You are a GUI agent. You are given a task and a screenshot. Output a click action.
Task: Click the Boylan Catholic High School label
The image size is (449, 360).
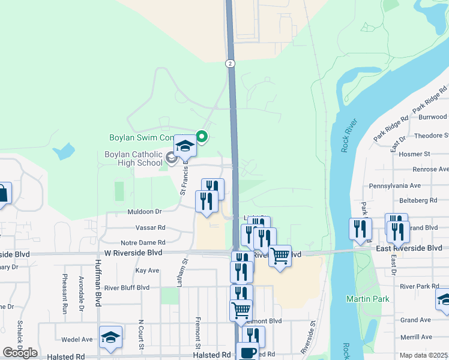click(x=133, y=158)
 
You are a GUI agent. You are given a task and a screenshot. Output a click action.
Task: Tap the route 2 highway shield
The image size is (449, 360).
click(x=230, y=63)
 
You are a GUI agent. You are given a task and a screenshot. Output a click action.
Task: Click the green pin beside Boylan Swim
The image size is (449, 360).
click(x=202, y=137)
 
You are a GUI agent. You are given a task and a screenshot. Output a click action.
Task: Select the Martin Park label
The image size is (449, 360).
click(x=367, y=299)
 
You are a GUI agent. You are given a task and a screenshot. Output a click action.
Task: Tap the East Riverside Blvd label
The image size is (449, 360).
click(x=409, y=248)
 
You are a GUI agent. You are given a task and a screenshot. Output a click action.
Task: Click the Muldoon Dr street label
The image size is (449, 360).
click(x=145, y=212)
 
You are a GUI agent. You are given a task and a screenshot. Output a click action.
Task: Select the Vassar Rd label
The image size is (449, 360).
click(x=151, y=228)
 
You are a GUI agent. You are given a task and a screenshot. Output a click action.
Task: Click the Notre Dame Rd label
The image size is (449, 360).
click(x=143, y=242)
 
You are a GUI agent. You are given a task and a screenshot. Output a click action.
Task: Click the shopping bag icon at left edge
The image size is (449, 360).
click(x=2, y=194)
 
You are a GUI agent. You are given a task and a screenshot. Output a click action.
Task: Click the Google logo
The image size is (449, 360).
click(x=20, y=353)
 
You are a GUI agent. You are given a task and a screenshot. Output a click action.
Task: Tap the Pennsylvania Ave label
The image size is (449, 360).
click(x=395, y=186)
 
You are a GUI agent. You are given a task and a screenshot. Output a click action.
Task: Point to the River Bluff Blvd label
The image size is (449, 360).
click(x=127, y=287)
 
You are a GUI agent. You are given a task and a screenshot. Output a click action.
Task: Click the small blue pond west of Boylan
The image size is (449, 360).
click(x=63, y=151)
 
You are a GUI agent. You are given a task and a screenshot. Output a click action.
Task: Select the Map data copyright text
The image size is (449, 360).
click(x=424, y=355)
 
